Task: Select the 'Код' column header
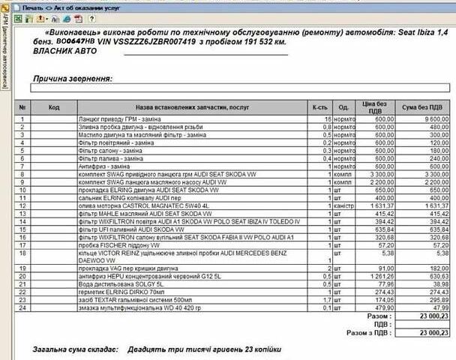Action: pyautogui.click(x=53, y=107)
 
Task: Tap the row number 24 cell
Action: pyautogui.click(x=22, y=307)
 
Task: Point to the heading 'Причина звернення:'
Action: pyautogui.click(x=72, y=78)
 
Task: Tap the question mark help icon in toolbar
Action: pyautogui.click(x=92, y=18)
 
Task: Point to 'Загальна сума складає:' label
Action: pyautogui.click(x=74, y=349)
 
